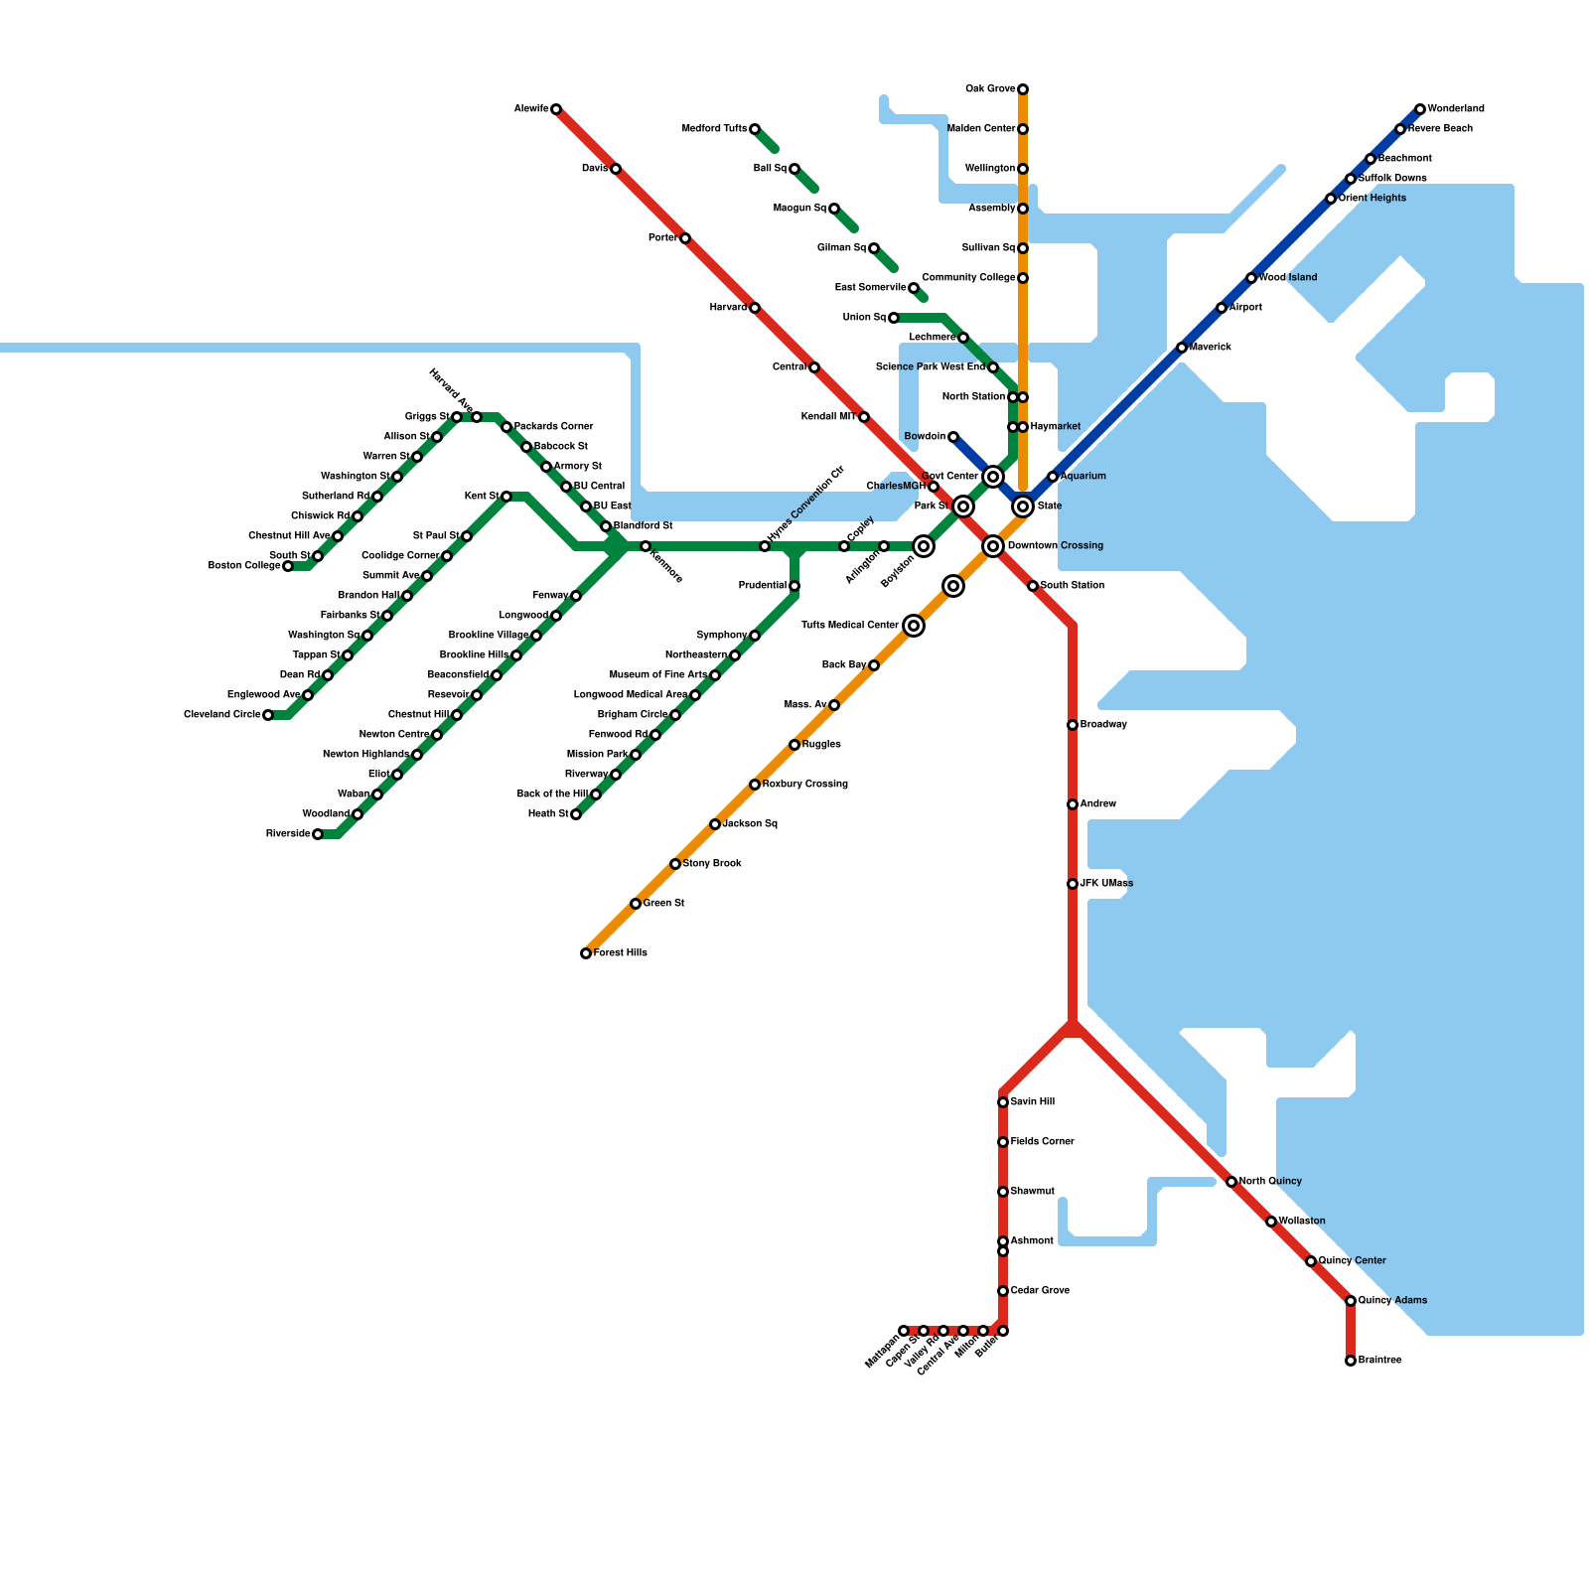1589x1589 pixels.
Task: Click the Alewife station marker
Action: point(556,109)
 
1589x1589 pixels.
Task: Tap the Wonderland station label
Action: point(1456,109)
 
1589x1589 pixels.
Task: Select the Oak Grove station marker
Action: point(1023,89)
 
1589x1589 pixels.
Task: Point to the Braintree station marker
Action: point(1351,1361)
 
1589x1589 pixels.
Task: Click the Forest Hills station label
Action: point(621,953)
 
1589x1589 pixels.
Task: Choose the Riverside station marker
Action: point(318,834)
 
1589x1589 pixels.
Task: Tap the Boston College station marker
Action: point(288,566)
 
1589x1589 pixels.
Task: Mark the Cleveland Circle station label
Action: point(222,715)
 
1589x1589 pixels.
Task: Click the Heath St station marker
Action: point(576,814)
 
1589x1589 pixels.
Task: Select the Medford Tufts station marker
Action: point(755,129)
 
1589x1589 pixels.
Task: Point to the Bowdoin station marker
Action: point(953,437)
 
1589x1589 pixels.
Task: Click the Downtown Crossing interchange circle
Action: point(993,546)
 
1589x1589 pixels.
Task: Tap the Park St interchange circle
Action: point(963,506)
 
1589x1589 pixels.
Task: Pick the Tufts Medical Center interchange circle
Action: point(914,626)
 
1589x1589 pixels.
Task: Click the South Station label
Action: point(1073,586)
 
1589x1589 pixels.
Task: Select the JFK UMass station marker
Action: point(1073,884)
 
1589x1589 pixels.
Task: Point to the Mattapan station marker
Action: point(904,1331)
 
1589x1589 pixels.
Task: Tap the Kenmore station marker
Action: point(646,546)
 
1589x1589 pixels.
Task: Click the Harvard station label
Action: point(728,308)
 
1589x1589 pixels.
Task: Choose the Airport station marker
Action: point(1222,308)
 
